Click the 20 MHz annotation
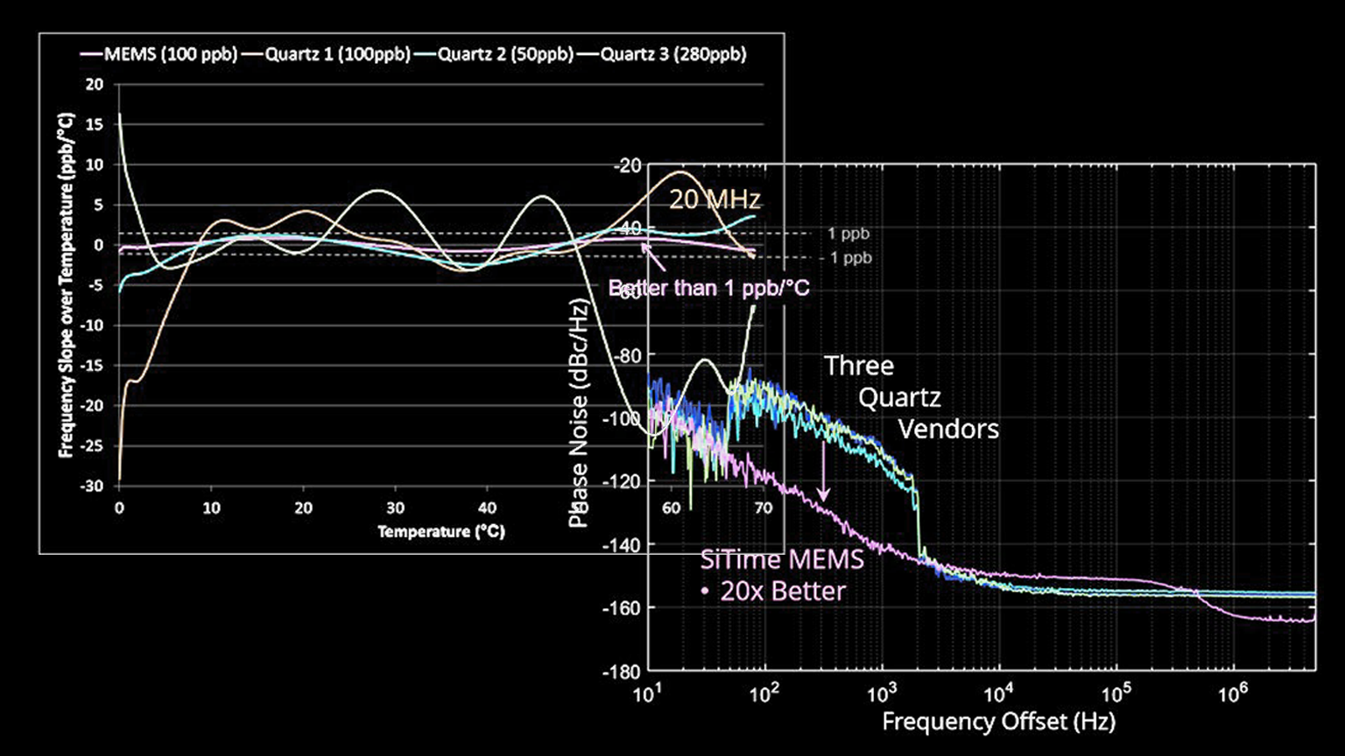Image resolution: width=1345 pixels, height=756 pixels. (x=715, y=199)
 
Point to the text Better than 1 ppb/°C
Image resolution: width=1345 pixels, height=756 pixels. (x=708, y=287)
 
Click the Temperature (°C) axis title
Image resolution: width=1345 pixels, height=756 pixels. (x=441, y=531)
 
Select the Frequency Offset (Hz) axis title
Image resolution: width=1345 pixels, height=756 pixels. (x=998, y=722)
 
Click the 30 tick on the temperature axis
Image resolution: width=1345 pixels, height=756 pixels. (x=396, y=508)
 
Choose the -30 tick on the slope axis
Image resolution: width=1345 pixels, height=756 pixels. (x=92, y=486)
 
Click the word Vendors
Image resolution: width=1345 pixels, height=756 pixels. (x=948, y=430)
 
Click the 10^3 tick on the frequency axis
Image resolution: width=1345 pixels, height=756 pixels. (x=882, y=695)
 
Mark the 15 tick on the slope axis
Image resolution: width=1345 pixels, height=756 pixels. (x=94, y=124)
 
